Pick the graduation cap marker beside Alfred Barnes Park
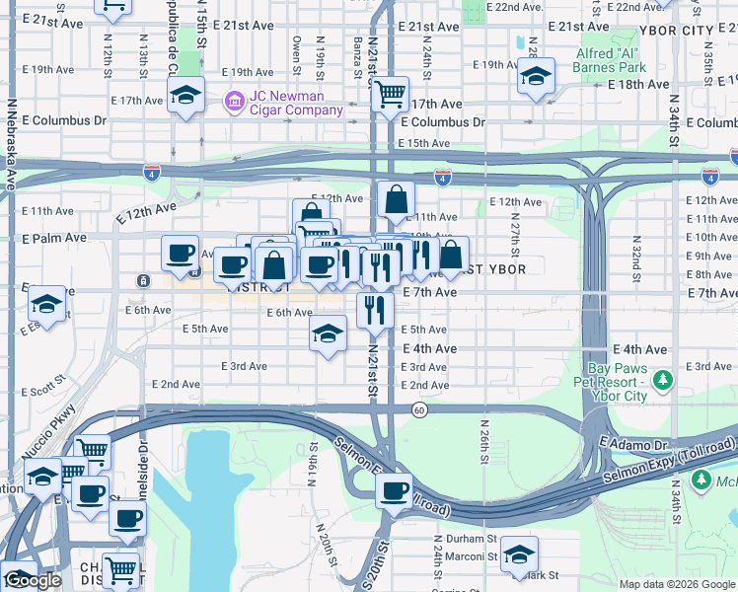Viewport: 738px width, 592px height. pyautogui.click(x=536, y=75)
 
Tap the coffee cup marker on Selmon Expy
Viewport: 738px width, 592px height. pyautogui.click(x=396, y=489)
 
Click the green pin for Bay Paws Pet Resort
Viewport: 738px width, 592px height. pyautogui.click(x=664, y=380)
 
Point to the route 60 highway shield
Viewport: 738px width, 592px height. pyautogui.click(x=419, y=410)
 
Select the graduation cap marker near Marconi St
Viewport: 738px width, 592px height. pyautogui.click(x=519, y=555)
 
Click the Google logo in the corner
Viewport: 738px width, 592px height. pyautogui.click(x=32, y=581)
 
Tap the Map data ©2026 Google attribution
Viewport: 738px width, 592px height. pyautogui.click(x=676, y=584)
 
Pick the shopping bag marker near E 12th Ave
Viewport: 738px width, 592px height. pyautogui.click(x=396, y=199)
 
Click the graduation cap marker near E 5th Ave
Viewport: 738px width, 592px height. pyautogui.click(x=329, y=334)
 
